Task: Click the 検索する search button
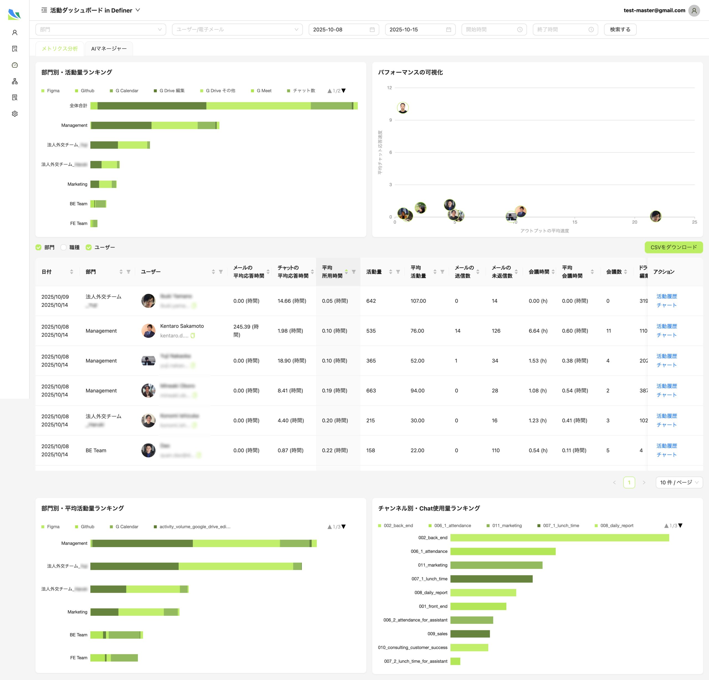tap(620, 29)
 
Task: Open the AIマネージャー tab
tap(109, 48)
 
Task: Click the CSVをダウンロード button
tap(673, 247)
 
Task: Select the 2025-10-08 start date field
tap(343, 29)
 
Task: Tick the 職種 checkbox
tap(64, 248)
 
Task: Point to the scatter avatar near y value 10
tap(403, 107)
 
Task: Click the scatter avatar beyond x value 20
tap(656, 216)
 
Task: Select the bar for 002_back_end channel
tap(559, 537)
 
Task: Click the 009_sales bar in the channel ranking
tap(470, 634)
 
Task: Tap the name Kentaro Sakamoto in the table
tap(182, 326)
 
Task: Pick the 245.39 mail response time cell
tap(246, 331)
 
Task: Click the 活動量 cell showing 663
tap(371, 391)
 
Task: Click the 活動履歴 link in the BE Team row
tap(666, 445)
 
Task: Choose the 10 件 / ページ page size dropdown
tap(679, 482)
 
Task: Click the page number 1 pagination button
tap(629, 482)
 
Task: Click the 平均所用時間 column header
tap(332, 272)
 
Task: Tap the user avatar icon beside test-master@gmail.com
tap(694, 11)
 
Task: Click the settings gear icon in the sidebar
tap(14, 114)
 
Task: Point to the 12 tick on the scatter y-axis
tap(389, 87)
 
